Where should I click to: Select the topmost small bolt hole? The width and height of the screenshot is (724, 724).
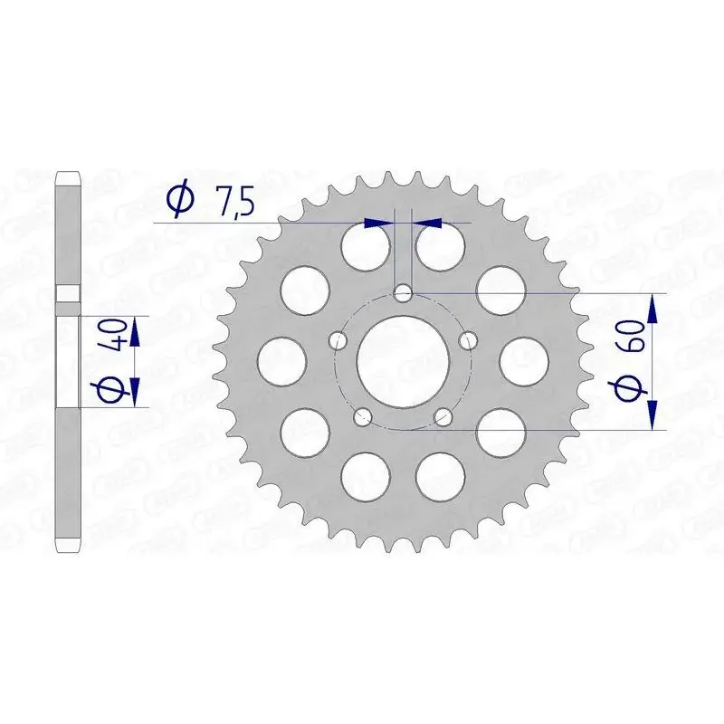point(404,292)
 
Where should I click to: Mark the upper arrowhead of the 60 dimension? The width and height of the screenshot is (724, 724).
point(653,307)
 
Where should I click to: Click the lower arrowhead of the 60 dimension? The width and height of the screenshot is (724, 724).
point(653,416)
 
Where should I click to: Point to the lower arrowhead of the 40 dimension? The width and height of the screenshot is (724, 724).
point(135,391)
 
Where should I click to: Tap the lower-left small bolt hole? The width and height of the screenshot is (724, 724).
point(364,416)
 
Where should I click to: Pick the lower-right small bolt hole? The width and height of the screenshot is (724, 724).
point(443,416)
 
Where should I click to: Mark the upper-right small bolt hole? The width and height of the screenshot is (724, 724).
point(468,339)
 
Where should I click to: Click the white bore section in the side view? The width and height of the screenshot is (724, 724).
point(68,361)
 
